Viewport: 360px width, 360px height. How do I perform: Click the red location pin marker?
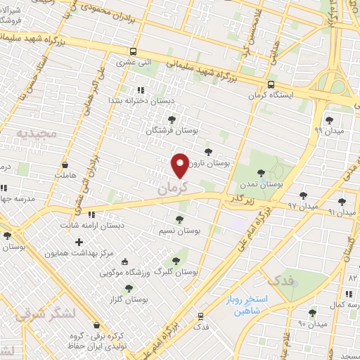point(180,165)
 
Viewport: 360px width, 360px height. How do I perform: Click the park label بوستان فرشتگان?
point(172,131)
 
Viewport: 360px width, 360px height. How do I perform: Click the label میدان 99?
point(328,130)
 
